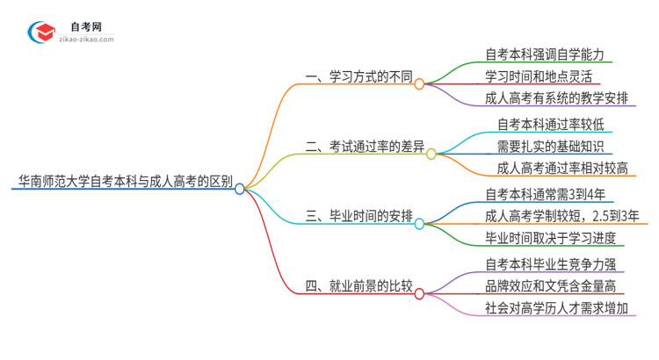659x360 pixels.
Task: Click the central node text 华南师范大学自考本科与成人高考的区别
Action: click(x=123, y=183)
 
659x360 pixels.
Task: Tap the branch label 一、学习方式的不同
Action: click(x=358, y=78)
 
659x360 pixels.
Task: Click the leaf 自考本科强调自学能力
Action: click(x=544, y=54)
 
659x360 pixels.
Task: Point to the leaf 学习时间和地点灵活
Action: click(x=538, y=76)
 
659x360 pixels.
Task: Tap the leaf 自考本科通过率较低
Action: click(x=550, y=123)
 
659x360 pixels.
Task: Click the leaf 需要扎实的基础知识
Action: click(x=550, y=146)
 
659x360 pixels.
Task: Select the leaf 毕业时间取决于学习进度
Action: click(x=550, y=238)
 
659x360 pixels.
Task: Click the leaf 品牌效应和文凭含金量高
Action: click(x=550, y=285)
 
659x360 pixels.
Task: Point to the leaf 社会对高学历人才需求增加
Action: click(x=556, y=308)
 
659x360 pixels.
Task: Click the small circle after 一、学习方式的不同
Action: click(x=419, y=84)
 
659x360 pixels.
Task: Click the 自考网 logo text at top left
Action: click(x=85, y=26)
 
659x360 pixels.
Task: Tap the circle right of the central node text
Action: click(x=240, y=188)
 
